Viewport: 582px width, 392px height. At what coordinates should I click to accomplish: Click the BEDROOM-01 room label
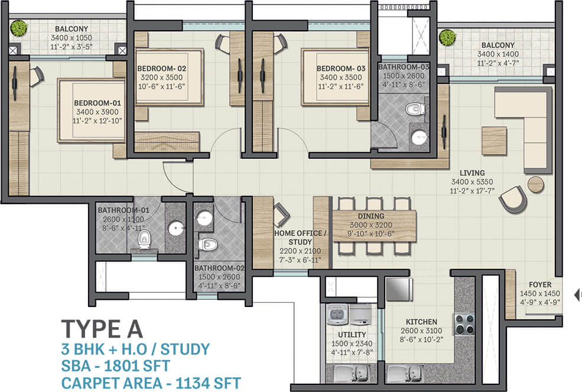coord(97,103)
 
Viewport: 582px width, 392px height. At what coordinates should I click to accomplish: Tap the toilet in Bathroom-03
coord(415,109)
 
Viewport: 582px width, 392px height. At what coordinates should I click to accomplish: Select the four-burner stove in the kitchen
coord(464,324)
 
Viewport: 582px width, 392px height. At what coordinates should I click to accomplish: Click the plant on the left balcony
coord(18,28)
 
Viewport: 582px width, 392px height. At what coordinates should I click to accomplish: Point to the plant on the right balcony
coord(448,37)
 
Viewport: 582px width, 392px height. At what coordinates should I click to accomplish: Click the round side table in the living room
coord(535,184)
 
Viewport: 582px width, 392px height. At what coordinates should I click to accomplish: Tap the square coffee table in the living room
coord(494,141)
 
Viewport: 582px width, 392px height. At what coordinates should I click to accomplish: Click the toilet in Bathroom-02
coord(208,244)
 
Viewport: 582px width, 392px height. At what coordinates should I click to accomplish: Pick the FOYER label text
coord(540,285)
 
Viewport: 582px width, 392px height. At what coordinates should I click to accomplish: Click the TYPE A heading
coord(102,329)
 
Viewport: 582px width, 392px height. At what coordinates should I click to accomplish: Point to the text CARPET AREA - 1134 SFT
coord(151,383)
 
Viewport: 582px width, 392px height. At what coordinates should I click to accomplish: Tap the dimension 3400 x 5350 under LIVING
coord(472,182)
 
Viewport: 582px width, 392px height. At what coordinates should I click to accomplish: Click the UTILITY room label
coord(352,335)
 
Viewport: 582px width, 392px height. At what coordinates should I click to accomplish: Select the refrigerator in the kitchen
coord(399,289)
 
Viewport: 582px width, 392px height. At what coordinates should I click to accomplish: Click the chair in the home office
coord(281,214)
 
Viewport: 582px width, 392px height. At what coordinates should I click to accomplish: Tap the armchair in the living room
coord(513,199)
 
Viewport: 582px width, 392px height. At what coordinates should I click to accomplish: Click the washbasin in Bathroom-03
coord(420,137)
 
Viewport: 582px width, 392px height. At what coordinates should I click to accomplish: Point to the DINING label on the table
coord(371,216)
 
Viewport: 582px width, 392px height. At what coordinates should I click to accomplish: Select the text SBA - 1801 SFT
coord(115,366)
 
